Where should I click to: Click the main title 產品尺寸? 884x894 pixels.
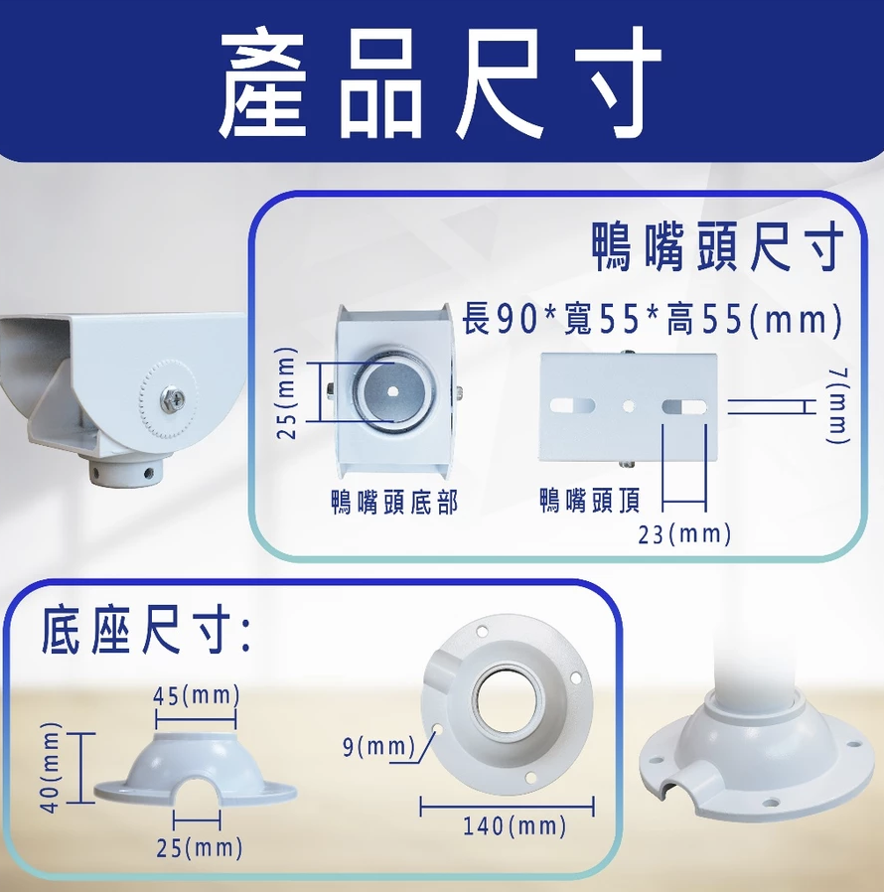tap(440, 81)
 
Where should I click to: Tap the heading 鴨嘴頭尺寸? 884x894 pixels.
tap(717, 246)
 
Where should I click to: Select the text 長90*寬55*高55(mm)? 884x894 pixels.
tap(652, 319)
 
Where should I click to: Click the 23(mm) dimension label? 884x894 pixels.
tap(684, 534)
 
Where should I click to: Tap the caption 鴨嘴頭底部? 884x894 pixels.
tap(394, 502)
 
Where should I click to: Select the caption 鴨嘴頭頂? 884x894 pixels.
tap(590, 501)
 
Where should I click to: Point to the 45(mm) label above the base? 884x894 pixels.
tap(197, 695)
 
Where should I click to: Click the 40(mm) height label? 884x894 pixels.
tap(52, 768)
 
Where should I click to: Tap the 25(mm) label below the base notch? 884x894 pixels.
tap(199, 848)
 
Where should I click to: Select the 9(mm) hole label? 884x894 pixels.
tap(378, 747)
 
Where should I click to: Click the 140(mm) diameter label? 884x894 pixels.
tap(515, 825)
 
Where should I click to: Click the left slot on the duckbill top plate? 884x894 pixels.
tap(572, 406)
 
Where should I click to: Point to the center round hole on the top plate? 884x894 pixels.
tap(628, 406)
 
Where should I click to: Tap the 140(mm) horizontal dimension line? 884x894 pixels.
tap(507, 807)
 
